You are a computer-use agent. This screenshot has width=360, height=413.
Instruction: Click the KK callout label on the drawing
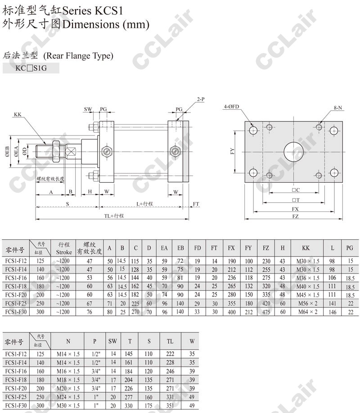[18, 115]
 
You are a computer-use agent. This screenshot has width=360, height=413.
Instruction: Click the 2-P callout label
[201, 99]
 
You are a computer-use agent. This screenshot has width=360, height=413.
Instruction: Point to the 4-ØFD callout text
[231, 107]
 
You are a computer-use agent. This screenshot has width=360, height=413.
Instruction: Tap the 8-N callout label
[337, 108]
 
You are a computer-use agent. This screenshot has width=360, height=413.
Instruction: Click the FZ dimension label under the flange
[295, 216]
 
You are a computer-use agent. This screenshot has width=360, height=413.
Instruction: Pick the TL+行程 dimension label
[114, 216]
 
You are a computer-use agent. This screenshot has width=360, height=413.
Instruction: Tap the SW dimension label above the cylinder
[88, 109]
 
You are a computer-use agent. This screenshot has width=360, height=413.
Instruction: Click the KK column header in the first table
[306, 248]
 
